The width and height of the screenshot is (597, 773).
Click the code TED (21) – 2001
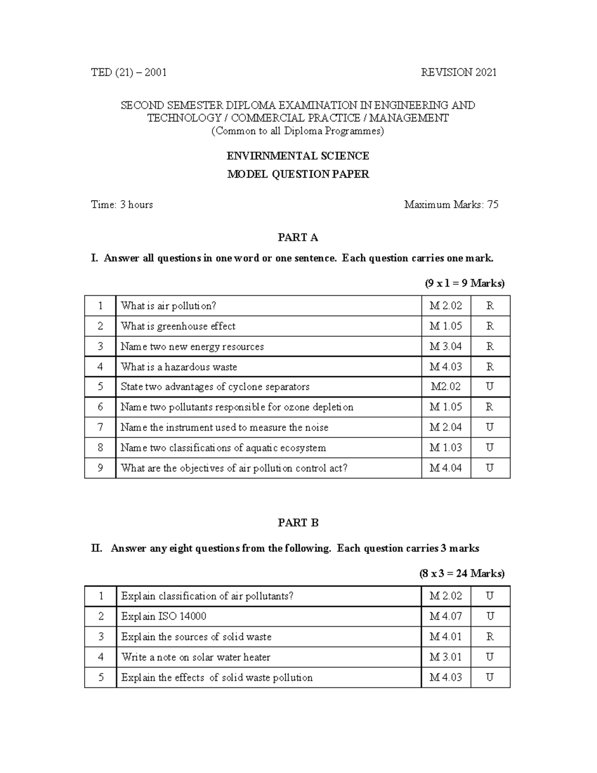point(128,73)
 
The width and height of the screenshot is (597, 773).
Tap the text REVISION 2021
point(458,73)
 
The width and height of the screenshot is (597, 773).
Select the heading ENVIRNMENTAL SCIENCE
point(298,156)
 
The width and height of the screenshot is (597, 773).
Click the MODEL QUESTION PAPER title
point(298,175)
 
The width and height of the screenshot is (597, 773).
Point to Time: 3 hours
point(122,205)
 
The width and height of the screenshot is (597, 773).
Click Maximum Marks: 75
point(451,205)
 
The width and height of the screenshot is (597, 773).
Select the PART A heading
point(298,237)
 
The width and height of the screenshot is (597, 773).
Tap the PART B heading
point(298,523)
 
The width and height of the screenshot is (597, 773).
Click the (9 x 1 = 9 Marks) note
point(464,283)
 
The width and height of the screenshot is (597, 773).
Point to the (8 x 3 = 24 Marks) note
point(462,573)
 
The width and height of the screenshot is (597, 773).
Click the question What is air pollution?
point(168,306)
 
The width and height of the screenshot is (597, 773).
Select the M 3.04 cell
point(445,346)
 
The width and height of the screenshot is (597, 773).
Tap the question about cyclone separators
point(215,387)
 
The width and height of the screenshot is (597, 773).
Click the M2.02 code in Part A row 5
point(445,387)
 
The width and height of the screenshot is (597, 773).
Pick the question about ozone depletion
point(237,407)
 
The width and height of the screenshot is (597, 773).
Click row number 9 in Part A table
point(100,468)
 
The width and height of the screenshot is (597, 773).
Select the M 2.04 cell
point(445,428)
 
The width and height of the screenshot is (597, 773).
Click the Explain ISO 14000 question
point(164,617)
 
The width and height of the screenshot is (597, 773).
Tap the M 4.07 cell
point(445,617)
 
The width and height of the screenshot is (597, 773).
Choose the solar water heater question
point(196,658)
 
